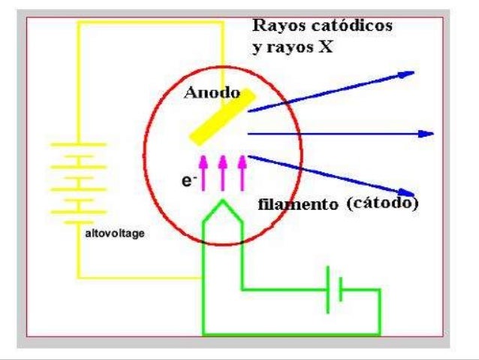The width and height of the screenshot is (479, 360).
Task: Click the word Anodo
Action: pos(212,95)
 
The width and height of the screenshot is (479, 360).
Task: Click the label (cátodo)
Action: pos(383,203)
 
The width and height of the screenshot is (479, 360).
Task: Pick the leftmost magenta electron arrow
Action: pos(201,172)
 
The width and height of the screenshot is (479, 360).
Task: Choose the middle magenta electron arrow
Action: pos(222,172)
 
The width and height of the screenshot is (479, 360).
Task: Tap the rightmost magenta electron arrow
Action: pos(242,172)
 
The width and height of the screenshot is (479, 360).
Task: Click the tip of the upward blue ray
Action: pos(412,73)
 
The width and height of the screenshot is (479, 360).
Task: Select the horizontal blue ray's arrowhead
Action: pos(429,133)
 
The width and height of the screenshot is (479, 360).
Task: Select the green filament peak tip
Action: pos(222,201)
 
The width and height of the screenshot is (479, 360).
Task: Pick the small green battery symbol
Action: pos(335,289)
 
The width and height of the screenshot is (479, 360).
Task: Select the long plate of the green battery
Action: pos(328,289)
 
